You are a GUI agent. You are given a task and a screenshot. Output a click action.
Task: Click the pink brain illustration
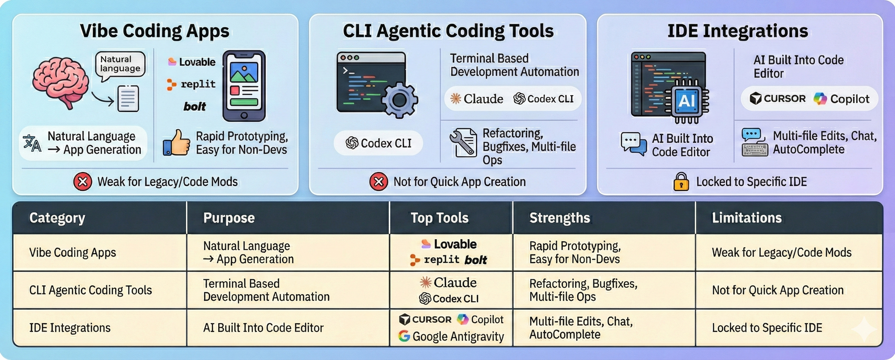[61, 82]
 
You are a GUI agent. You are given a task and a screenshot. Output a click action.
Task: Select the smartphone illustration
[244, 86]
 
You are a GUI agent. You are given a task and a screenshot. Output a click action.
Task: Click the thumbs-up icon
[177, 143]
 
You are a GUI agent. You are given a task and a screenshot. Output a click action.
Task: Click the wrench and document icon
[463, 142]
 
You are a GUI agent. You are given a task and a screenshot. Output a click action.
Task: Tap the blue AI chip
[687, 101]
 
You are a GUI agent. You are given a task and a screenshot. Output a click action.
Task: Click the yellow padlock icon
[681, 181]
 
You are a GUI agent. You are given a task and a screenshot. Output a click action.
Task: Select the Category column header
[57, 218]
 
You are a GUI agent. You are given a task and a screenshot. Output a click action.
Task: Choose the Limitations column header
[746, 218]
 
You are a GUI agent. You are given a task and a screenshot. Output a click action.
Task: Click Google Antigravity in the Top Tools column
[451, 336]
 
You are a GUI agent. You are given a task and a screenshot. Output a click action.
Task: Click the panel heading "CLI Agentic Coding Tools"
[448, 31]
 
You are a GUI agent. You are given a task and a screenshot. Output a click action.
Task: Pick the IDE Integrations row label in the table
[70, 328]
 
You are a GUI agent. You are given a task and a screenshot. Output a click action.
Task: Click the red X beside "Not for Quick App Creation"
[379, 181]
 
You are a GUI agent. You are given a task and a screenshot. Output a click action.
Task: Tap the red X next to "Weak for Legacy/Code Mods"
[83, 181]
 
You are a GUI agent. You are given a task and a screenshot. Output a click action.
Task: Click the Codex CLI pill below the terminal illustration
[379, 143]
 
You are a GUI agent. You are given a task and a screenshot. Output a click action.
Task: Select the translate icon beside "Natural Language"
[32, 143]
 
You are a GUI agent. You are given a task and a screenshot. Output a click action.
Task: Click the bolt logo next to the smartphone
[194, 107]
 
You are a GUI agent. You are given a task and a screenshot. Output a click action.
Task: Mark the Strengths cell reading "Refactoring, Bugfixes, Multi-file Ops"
[583, 290]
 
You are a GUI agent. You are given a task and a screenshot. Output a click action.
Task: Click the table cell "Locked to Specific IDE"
[767, 328]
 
